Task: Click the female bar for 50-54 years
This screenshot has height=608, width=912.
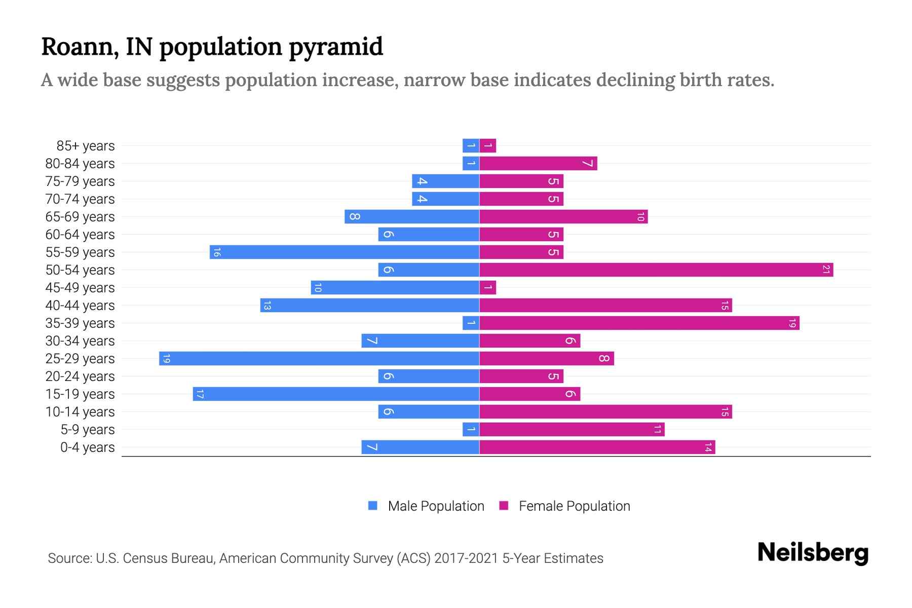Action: (x=656, y=270)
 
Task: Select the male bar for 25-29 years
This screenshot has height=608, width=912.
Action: (x=319, y=359)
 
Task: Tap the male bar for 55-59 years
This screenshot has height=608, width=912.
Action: (x=345, y=252)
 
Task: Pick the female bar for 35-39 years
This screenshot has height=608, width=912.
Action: (x=639, y=323)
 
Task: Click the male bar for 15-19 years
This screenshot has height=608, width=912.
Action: (x=336, y=394)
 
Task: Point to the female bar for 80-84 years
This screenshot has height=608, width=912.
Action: (x=538, y=164)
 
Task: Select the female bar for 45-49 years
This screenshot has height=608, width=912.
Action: (x=488, y=288)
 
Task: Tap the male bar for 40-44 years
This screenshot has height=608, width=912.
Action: (x=370, y=306)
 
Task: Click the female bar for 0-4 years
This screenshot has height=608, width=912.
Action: (x=597, y=447)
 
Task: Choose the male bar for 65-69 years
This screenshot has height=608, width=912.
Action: (x=412, y=217)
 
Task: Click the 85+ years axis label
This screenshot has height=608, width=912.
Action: (x=86, y=146)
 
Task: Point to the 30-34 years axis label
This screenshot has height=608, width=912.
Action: (x=80, y=341)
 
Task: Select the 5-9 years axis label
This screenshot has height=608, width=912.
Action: (x=88, y=430)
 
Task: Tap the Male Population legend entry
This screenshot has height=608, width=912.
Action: (x=436, y=506)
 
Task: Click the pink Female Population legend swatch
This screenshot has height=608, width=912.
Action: (x=504, y=506)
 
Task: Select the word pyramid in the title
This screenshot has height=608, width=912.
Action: (x=336, y=47)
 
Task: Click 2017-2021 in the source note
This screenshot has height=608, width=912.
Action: (x=466, y=558)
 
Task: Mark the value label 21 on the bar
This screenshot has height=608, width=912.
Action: (x=826, y=270)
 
